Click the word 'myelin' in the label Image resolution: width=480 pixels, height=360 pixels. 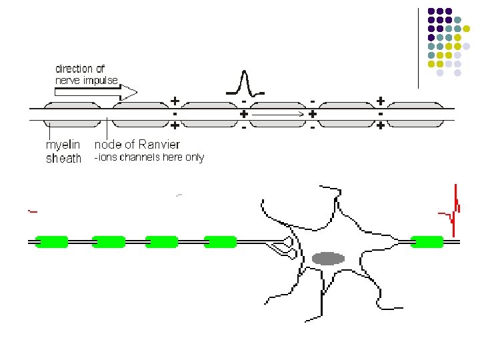point(62,145)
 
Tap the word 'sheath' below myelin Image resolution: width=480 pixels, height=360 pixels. point(63,159)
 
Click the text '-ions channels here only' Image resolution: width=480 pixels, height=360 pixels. point(149,158)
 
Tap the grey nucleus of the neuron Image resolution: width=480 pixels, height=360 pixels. point(328,258)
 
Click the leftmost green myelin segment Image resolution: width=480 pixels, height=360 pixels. point(51,241)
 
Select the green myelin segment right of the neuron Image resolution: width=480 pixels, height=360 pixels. point(427,241)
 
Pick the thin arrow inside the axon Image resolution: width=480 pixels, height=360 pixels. point(278,115)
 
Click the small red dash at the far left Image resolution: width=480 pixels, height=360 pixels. point(32,211)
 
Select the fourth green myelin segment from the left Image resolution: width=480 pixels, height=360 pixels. point(220,241)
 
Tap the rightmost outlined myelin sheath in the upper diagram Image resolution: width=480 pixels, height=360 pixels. point(415,114)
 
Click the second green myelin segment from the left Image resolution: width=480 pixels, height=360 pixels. point(109,241)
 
